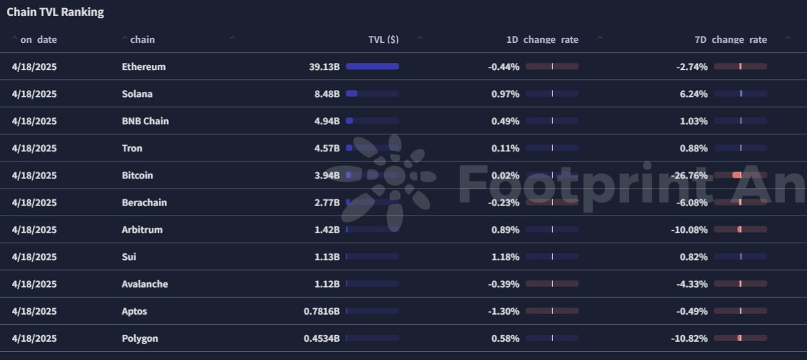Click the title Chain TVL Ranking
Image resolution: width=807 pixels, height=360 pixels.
coord(55,12)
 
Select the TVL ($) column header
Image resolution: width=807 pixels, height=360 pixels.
coord(383,40)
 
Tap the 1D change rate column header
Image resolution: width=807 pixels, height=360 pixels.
coord(542,40)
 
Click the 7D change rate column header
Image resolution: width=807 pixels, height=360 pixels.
coord(731,40)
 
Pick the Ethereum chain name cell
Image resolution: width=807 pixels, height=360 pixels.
coord(144,67)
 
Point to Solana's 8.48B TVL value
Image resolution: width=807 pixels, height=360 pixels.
coord(327,94)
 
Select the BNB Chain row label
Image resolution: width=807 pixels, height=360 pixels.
coord(145,121)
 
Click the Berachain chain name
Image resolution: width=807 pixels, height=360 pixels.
coord(144,202)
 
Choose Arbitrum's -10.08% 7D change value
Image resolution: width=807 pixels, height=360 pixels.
coord(689,229)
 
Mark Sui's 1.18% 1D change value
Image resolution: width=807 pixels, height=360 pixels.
coord(505,257)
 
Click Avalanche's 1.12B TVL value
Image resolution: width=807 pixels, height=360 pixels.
coord(327,284)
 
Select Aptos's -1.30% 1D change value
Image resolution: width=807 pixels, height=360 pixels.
coord(504,311)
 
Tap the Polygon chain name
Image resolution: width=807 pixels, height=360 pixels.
coord(140,338)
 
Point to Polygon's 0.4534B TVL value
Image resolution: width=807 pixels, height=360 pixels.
coord(322,338)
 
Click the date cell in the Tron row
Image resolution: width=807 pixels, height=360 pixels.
coord(34,148)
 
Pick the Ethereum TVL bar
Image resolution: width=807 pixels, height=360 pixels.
coord(372,67)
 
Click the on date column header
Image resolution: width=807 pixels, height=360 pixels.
coord(38,40)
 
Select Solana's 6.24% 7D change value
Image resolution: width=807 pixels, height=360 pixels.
coord(694,94)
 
